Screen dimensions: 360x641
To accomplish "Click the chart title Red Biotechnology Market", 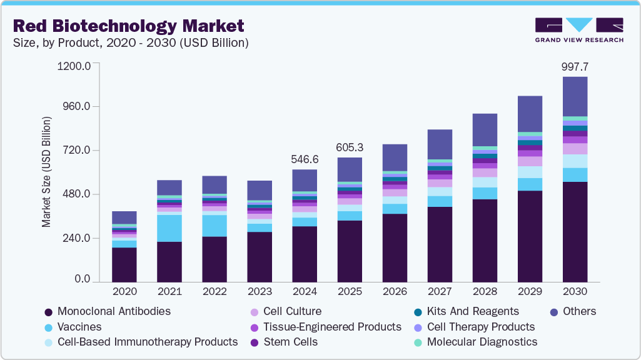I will tap(128, 26).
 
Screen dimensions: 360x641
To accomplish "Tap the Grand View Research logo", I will tap(578, 30).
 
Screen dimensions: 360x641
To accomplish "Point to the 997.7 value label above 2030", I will tap(575, 66).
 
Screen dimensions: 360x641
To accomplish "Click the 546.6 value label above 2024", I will tap(305, 159).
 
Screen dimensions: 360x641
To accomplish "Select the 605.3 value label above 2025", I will tap(350, 147).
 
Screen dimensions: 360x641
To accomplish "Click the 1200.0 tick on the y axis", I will tap(74, 65).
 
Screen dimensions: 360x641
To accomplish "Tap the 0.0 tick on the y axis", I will tap(82, 279).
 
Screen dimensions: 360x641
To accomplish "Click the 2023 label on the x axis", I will tap(260, 292).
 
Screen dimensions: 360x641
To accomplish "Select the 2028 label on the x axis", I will tap(485, 292).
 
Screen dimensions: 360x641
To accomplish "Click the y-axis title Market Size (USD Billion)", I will tap(47, 171).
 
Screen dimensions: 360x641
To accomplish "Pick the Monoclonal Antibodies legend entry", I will tap(107, 311).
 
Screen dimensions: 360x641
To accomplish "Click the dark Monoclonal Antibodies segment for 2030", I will tap(575, 231).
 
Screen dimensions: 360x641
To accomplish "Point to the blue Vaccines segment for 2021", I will tap(169, 228).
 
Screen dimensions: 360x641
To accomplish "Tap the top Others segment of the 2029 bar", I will tap(530, 114).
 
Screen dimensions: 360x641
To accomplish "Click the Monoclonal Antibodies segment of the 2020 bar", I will tap(124, 264).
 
